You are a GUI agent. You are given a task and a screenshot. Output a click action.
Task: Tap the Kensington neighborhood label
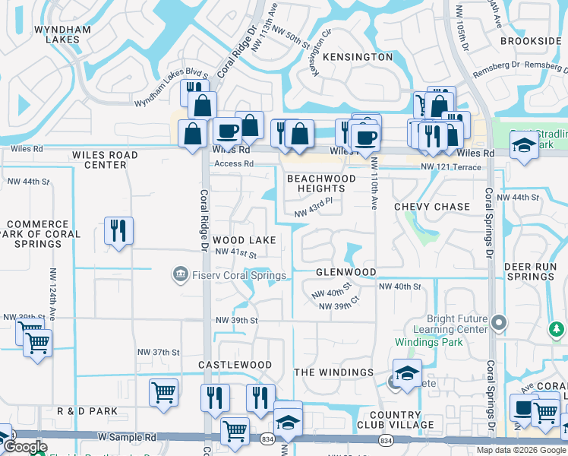358,57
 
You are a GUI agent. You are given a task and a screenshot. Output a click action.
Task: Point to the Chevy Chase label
432,207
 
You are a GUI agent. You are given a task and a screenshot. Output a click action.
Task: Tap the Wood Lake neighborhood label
244,240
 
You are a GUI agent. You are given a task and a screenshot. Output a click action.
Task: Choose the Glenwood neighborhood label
346,272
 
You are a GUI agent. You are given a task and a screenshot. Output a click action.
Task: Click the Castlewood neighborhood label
235,365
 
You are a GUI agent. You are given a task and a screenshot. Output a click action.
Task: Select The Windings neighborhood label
333,372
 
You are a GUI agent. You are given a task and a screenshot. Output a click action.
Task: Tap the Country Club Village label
402,419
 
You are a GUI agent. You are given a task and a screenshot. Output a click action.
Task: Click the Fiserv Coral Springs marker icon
181,273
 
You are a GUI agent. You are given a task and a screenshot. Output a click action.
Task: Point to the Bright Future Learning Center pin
498,324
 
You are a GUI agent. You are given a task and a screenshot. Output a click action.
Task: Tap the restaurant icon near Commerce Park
118,231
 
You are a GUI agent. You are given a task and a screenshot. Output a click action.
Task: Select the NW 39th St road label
236,321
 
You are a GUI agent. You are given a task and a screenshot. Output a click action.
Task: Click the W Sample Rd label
127,438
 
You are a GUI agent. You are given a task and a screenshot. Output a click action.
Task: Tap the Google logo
24,447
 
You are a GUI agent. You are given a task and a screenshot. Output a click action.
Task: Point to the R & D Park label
87,411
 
